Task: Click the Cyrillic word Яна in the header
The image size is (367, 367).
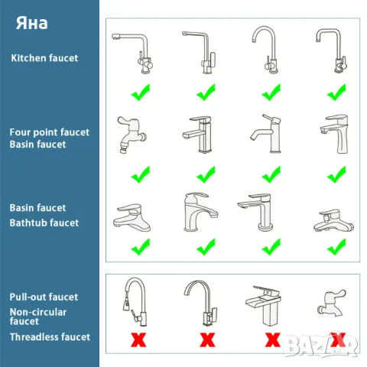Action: click(32, 23)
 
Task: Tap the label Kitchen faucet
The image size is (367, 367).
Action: click(44, 58)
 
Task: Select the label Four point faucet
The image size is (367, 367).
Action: click(50, 132)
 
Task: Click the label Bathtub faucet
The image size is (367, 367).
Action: click(44, 222)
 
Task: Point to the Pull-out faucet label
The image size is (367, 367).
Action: click(44, 297)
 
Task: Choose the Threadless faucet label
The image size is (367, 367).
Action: click(50, 337)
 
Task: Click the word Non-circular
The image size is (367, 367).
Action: click(38, 312)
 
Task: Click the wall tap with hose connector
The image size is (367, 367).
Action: click(132, 135)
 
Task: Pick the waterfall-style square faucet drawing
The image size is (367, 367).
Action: click(264, 306)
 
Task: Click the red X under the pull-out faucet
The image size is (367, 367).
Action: click(138, 339)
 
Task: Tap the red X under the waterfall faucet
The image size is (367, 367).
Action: click(273, 339)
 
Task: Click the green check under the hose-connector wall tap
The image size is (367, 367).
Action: click(141, 174)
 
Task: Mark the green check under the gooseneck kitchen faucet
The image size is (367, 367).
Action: click(271, 93)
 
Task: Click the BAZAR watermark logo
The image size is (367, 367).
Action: click(321, 346)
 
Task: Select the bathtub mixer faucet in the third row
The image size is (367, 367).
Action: click(334, 221)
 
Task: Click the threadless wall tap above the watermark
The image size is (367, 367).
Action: click(332, 304)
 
